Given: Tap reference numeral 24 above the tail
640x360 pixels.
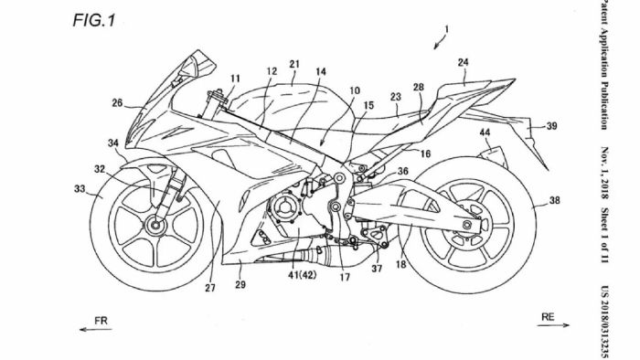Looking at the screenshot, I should tap(463, 63).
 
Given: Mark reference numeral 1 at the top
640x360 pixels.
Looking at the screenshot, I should tap(445, 28).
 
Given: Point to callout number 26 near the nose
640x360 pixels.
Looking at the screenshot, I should tap(117, 103).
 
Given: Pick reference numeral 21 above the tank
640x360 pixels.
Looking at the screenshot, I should tap(294, 65).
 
